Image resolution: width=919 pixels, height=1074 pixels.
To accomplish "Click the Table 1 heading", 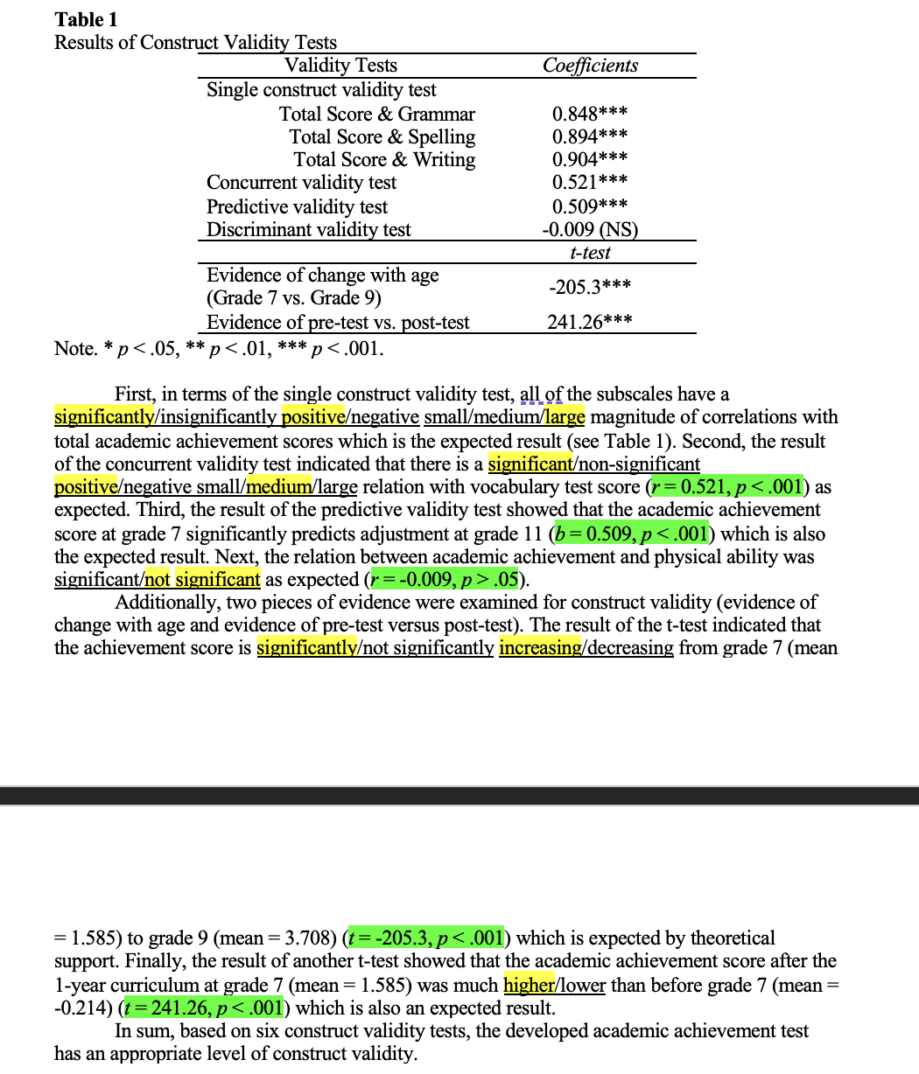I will pos(86,19).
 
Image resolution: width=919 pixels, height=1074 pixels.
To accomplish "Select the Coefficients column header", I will pos(590,66).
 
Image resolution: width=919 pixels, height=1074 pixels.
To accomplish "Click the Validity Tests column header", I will pos(340,66).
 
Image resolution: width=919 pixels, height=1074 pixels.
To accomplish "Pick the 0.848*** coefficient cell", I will pos(590,114).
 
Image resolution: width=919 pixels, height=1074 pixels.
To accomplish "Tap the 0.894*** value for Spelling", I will pos(590,136).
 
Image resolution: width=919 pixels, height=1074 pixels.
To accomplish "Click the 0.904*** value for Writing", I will pos(590,159).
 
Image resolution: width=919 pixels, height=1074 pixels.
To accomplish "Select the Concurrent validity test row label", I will pos(301,183).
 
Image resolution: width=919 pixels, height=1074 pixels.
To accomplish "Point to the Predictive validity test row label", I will pos(297,206).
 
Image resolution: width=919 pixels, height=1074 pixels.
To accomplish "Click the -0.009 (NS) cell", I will pos(590,229).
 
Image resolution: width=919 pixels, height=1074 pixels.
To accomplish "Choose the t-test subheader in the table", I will pos(590,253).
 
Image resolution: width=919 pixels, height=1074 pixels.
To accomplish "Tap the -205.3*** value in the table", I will pos(590,287).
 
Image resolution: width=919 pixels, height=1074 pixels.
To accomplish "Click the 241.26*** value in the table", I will pos(590,323).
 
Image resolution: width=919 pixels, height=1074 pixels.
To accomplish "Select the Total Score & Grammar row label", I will pos(376,114).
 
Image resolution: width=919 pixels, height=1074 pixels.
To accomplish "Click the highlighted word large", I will pos(566,417).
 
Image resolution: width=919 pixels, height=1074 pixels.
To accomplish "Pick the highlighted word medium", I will pos(275,486).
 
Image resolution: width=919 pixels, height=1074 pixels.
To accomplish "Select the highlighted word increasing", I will pos(537,648).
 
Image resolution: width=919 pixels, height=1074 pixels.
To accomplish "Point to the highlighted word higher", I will pos(529,986).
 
